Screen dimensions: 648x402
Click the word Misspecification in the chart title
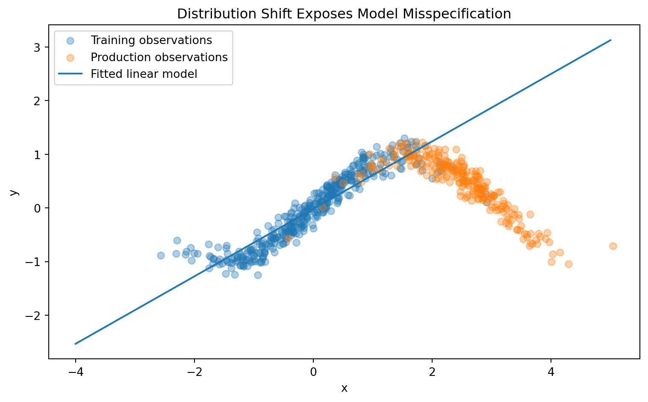[457, 14]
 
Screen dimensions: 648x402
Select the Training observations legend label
[151, 40]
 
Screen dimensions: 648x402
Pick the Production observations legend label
[159, 57]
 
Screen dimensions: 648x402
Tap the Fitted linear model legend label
[144, 74]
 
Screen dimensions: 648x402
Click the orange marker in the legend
[70, 58]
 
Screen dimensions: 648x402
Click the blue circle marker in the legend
[70, 41]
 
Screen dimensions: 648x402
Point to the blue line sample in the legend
[70, 74]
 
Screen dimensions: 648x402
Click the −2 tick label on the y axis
[33, 316]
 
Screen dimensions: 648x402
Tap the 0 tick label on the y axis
[37, 208]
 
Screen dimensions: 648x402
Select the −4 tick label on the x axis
[76, 372]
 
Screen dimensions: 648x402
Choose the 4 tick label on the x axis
[551, 372]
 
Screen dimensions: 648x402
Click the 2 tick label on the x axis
[432, 372]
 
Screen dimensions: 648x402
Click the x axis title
[344, 388]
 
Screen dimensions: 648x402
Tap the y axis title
[14, 192]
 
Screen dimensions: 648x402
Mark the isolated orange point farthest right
[613, 246]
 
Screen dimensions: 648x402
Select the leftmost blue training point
[161, 256]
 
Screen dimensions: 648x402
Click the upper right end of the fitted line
[611, 40]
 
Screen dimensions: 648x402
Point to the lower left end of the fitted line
[75, 344]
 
